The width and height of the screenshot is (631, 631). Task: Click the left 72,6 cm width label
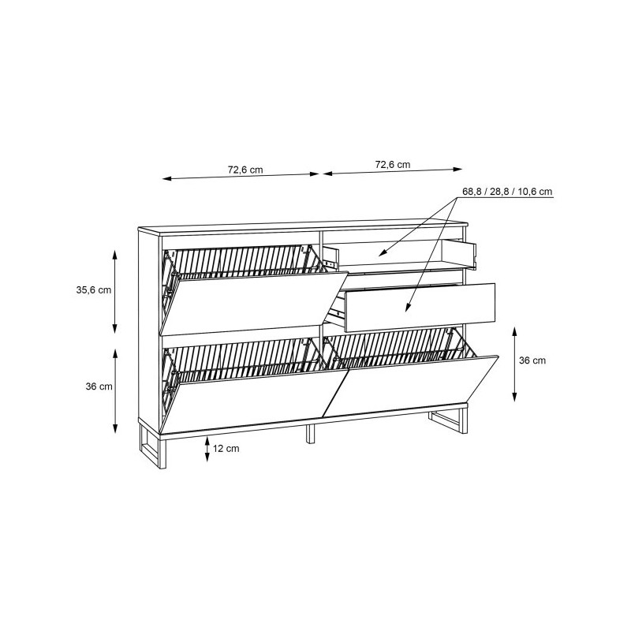pos(245,170)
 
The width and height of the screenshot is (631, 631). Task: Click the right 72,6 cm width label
pos(393,165)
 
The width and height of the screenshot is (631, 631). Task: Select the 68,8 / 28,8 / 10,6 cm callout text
pos(507,192)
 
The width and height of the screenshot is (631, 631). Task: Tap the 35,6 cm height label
pos(94,289)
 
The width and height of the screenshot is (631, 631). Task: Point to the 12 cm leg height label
pos(226,448)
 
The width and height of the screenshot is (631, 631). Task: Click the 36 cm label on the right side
pos(532,360)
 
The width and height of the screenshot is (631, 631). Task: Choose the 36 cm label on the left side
pos(99,386)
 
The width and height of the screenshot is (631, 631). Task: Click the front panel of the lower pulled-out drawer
pos(420,308)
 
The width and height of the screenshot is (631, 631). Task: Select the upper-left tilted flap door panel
pos(253,304)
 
